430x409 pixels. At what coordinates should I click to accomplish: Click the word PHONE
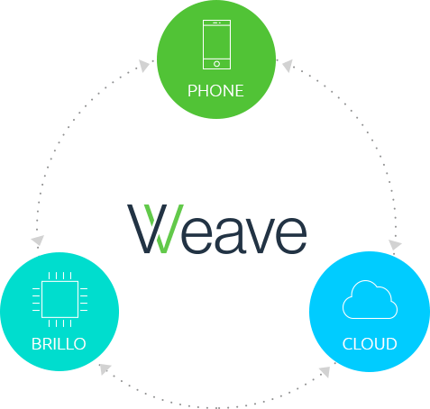215,91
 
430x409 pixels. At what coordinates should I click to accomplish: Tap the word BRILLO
59,344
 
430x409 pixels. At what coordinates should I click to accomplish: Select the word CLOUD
370,344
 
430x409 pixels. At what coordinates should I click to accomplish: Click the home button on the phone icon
216,64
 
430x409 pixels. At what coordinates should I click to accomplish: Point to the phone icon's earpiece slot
215,23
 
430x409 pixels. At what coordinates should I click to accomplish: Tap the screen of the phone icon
216,42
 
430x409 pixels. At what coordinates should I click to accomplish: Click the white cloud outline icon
370,299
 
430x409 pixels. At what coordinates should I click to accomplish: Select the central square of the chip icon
60,299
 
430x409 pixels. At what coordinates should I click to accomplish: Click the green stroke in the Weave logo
164,229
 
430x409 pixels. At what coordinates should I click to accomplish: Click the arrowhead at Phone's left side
144,66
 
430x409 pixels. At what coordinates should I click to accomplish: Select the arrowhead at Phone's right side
288,66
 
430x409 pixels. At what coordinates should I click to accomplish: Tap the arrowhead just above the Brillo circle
38,240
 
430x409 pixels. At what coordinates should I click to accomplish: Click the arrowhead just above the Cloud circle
395,245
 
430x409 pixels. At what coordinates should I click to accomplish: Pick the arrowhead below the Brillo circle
105,368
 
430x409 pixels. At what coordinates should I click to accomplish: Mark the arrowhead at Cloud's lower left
325,372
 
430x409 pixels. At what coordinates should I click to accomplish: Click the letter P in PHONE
192,91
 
